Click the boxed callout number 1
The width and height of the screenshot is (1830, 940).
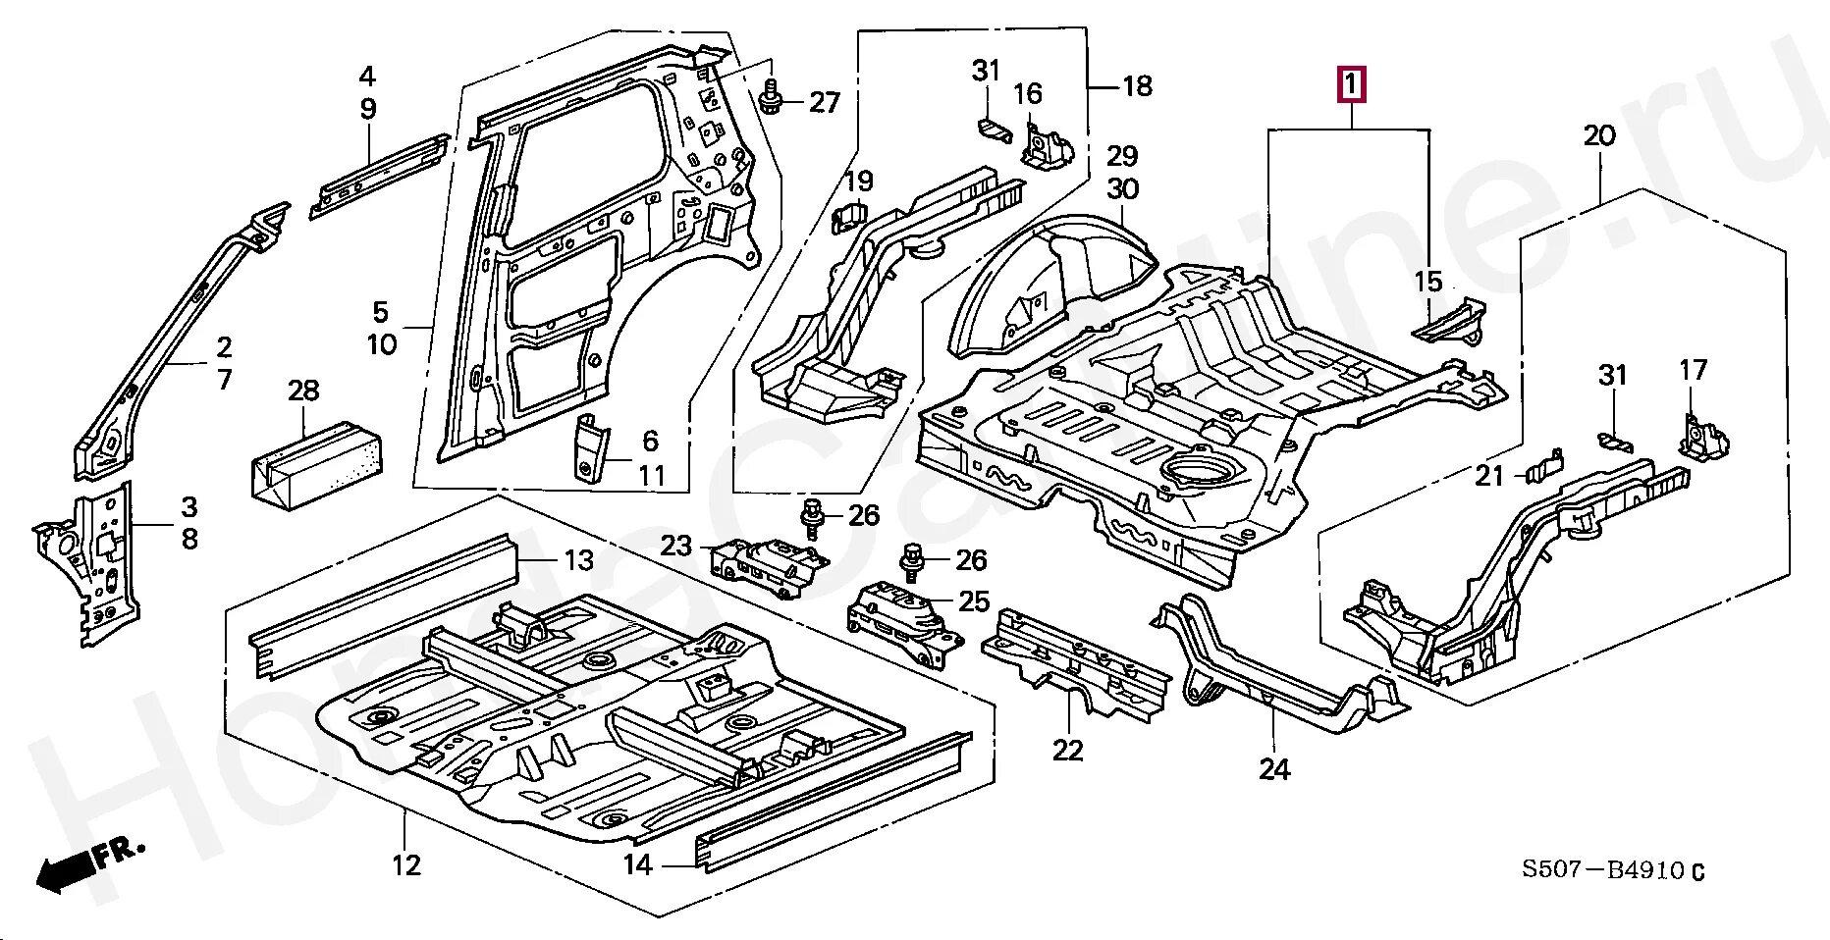[1351, 85]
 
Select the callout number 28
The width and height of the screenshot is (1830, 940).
[303, 391]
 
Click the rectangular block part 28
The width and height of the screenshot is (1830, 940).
[317, 464]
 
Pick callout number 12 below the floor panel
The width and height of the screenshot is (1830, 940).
[405, 864]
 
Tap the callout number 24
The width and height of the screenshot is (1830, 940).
[1273, 769]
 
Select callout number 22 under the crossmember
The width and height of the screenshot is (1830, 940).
[1067, 751]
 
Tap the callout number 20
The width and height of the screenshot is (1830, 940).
[1599, 135]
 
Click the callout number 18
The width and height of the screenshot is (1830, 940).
[1137, 86]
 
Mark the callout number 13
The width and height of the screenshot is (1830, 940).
[578, 560]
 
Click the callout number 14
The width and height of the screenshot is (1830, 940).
[637, 864]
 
